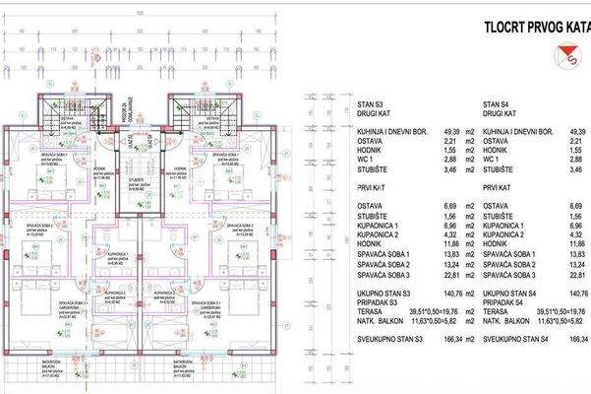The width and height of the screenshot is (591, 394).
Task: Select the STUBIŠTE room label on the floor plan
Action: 133,181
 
